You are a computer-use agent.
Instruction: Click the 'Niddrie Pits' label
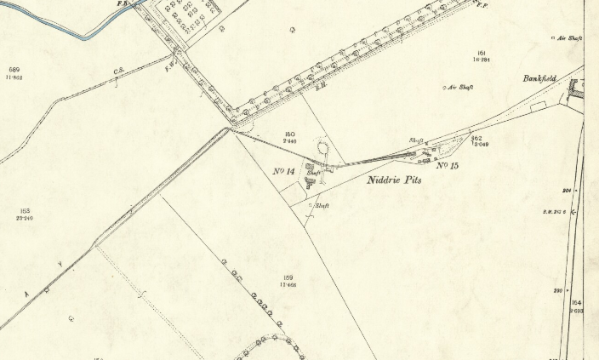pos(394,180)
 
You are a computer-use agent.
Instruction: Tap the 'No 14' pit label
pos(284,172)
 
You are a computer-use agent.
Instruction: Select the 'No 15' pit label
pos(448,165)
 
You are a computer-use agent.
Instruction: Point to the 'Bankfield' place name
pos(539,78)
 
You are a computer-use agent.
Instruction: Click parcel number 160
pos(289,134)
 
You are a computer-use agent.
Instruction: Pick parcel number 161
pos(481,53)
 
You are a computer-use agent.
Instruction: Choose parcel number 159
pos(288,277)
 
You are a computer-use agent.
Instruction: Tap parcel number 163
pos(24,210)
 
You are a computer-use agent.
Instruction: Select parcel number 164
pos(576,303)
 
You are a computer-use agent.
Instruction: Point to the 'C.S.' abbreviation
pos(119,71)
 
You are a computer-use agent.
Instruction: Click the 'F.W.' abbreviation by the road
pos(169,63)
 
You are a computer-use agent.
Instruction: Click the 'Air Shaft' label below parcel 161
pos(460,87)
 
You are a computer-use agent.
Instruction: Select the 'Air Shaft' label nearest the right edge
pos(569,37)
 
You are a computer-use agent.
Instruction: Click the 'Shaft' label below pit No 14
pos(322,206)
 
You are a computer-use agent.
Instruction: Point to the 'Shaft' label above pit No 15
pos(417,140)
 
